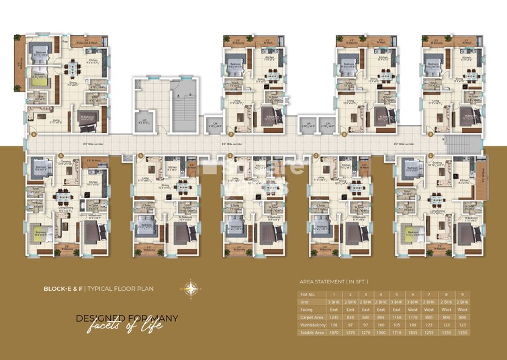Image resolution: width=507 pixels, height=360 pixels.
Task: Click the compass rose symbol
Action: click(193, 289)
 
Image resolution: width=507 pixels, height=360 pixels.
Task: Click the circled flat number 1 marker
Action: click(430, 155)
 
